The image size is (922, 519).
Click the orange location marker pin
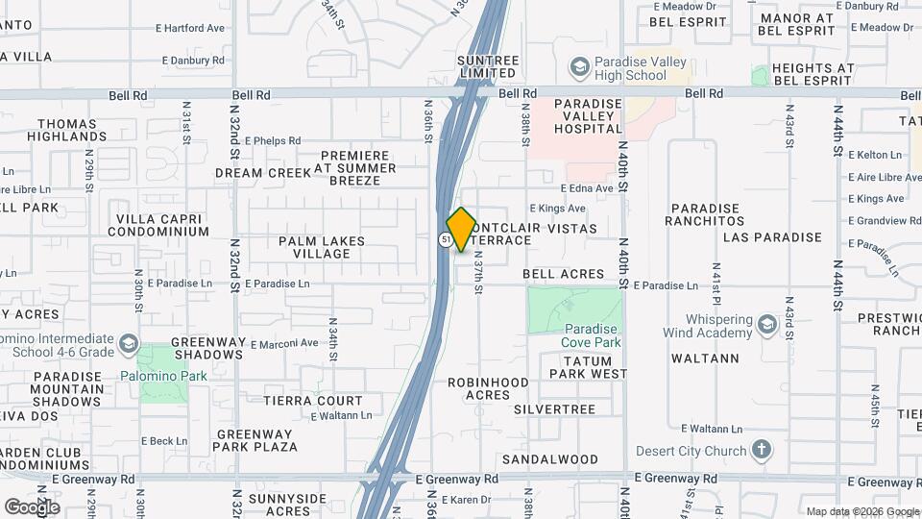tap(461, 229)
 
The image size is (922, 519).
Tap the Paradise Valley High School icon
tap(579, 67)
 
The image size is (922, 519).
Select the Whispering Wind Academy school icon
tap(767, 325)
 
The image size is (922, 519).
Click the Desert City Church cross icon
tap(761, 450)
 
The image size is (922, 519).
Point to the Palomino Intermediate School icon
tap(129, 344)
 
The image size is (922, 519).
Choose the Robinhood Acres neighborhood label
tap(488, 388)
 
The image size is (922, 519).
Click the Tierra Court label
tap(313, 401)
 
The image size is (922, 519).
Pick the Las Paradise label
tap(772, 236)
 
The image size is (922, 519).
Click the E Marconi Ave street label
tap(284, 343)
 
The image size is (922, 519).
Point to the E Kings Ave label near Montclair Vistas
tap(557, 208)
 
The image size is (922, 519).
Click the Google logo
tap(32, 507)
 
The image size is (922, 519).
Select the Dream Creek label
tap(251, 173)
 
